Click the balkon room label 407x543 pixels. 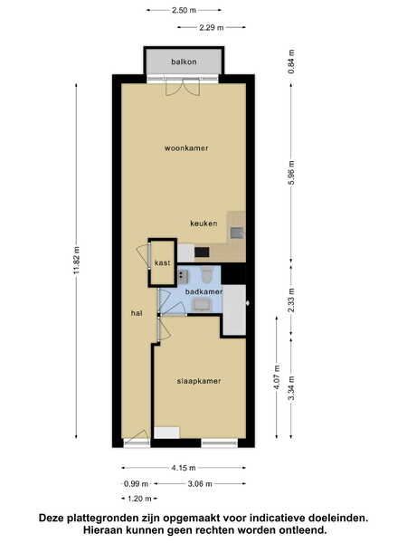point(184,62)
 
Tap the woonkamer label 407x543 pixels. point(186,148)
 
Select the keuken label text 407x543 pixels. point(203,224)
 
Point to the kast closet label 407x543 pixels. point(162,262)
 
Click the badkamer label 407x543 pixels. point(203,291)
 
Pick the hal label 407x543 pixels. point(137,313)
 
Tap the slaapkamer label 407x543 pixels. point(199,381)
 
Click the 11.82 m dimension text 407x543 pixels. point(77,260)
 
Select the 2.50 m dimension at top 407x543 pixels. point(185,10)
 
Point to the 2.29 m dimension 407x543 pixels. point(212,27)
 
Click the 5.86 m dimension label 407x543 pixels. point(291,173)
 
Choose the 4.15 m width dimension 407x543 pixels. point(184,468)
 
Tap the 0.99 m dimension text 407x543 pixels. point(136,484)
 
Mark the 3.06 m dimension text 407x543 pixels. point(200,484)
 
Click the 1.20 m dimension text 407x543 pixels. point(139,499)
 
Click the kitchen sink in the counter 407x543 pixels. point(237,233)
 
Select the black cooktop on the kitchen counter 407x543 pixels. point(202,252)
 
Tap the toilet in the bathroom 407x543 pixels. point(207,274)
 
